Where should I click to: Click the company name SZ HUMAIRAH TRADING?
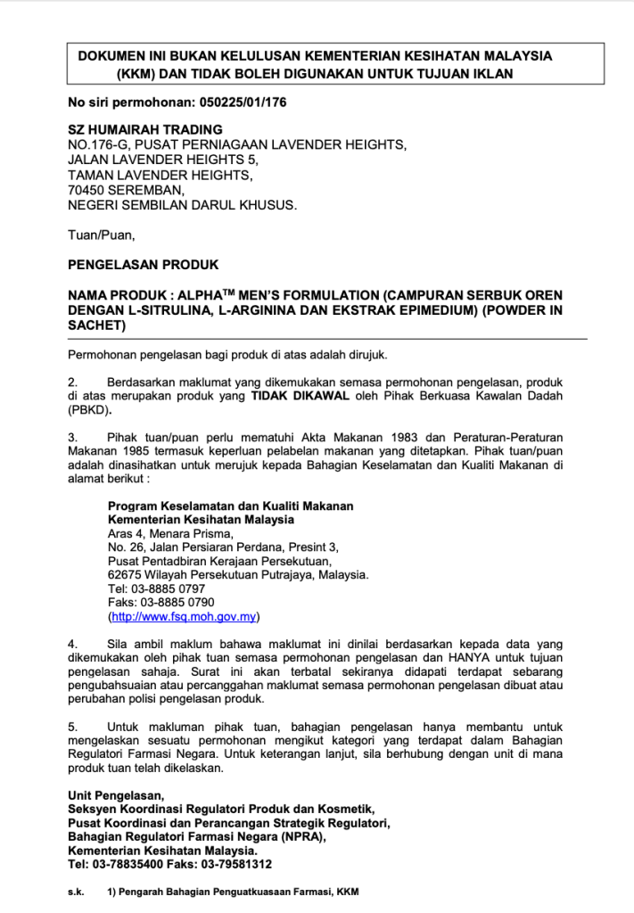tap(145, 130)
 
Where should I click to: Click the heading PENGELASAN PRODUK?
tap(143, 265)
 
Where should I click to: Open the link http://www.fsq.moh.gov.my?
tap(183, 616)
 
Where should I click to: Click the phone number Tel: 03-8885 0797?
tap(156, 588)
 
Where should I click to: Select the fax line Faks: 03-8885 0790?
tap(161, 602)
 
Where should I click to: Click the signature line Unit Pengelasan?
tap(116, 795)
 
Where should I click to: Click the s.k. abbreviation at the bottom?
tap(76, 892)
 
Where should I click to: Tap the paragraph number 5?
tap(72, 727)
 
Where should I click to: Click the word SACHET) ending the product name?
tap(96, 326)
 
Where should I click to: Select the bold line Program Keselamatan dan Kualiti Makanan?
tap(230, 506)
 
